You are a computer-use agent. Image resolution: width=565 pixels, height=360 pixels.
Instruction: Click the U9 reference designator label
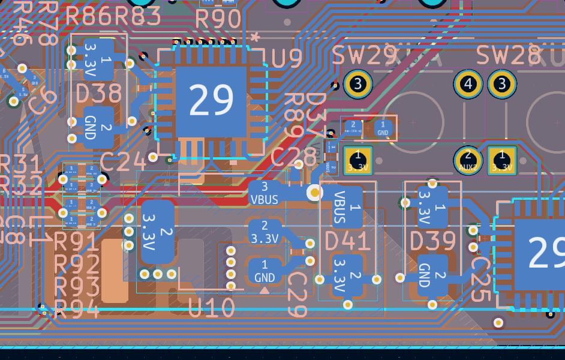coord(287,59)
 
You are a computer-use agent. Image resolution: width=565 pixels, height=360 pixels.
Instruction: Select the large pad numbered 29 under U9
coord(211,100)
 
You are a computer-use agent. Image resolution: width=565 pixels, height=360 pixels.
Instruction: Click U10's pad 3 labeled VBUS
coord(265,193)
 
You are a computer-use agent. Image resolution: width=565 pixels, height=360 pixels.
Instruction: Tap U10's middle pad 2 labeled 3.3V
coord(265,232)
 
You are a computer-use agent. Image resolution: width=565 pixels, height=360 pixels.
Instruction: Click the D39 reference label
coord(433,241)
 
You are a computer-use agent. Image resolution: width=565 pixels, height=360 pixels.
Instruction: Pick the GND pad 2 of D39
coord(432,275)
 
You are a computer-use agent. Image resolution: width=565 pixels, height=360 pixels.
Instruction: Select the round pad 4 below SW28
coord(468,84)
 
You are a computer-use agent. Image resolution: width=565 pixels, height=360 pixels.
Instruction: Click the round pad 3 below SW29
coord(358,84)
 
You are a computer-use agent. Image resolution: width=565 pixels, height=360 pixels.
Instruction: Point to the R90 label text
coord(218,20)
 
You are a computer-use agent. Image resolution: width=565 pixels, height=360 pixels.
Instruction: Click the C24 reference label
coord(123,161)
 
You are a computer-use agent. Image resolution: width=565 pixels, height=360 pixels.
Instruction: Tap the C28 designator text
coord(294,157)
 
